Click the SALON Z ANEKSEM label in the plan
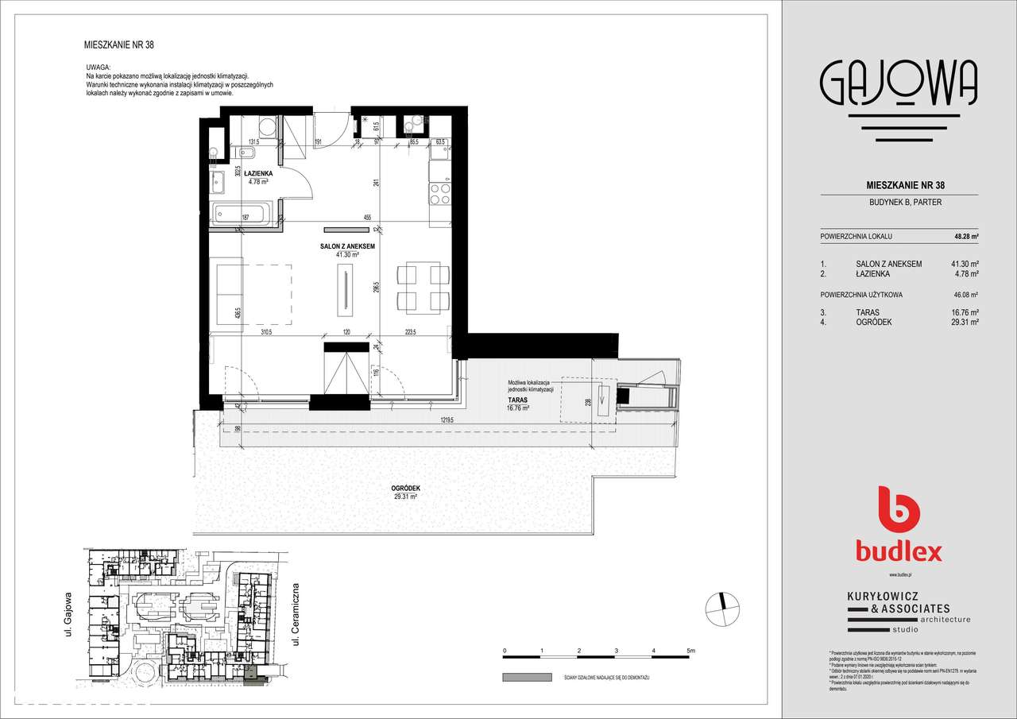pyautogui.click(x=347, y=247)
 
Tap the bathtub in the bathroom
pyautogui.click(x=242, y=213)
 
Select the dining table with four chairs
pyautogui.click(x=420, y=287)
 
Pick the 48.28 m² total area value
pyautogui.click(x=965, y=237)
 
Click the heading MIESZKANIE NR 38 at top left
pyautogui.click(x=118, y=45)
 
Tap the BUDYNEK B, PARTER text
pyautogui.click(x=898, y=203)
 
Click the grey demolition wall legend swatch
pyautogui.click(x=527, y=678)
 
